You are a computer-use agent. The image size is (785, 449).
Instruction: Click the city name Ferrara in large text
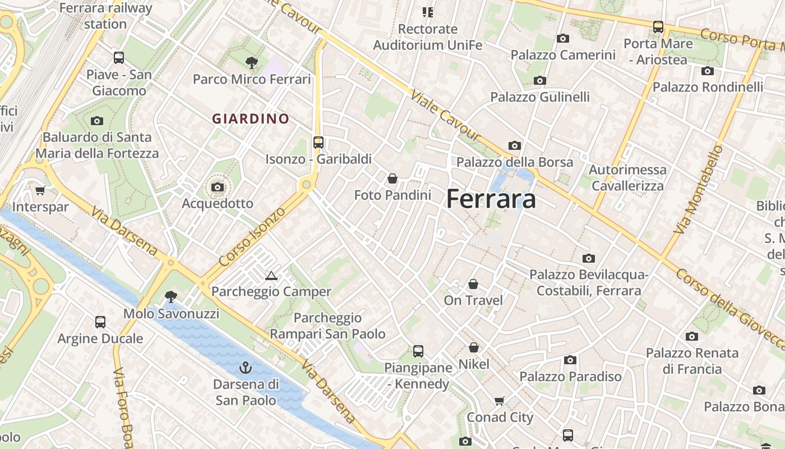491,199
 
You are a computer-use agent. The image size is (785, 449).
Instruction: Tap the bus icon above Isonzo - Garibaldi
318,143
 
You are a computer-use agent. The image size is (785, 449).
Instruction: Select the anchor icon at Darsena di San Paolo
246,368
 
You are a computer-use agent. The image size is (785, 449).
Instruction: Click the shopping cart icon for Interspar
40,191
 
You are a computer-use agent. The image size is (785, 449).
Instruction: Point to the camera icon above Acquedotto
218,187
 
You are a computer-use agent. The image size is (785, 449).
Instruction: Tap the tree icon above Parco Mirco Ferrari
251,63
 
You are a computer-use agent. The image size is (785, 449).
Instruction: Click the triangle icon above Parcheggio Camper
271,276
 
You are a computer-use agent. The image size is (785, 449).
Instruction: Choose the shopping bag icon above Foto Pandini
392,178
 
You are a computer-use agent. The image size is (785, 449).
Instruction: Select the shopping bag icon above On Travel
473,284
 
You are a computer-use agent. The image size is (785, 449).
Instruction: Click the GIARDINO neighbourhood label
251,119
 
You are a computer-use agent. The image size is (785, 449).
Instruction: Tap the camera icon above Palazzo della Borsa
514,146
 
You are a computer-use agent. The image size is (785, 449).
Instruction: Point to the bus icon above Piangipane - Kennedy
418,351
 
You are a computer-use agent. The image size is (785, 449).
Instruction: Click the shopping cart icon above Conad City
500,401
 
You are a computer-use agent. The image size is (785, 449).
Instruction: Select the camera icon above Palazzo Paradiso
570,360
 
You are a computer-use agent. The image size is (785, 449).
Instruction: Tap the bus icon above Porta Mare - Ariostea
658,27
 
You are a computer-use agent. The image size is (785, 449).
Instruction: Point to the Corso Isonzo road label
252,237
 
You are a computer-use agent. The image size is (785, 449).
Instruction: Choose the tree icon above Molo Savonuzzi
171,296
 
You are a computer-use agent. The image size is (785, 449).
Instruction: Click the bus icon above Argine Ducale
100,322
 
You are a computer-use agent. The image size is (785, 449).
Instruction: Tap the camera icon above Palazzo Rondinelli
708,71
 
